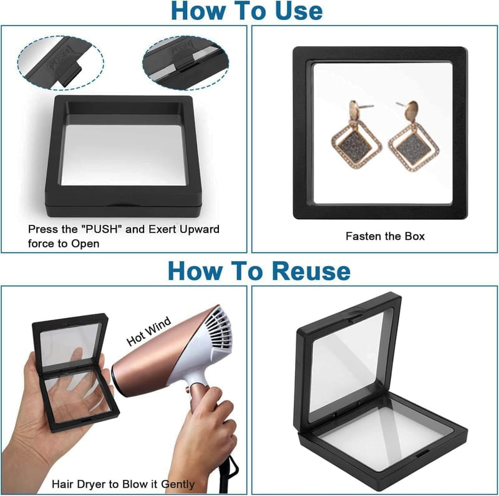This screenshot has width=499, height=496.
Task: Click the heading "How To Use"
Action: (246, 11)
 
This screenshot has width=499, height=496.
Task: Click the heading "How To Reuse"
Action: (259, 271)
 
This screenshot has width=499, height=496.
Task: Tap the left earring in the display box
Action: (356, 135)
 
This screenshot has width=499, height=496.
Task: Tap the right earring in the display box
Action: (414, 136)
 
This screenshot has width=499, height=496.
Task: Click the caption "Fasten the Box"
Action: (385, 236)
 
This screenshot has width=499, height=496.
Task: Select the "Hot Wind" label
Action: (148, 331)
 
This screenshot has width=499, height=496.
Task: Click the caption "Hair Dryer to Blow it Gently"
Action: (123, 484)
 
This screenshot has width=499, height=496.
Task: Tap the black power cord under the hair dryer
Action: (228, 474)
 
